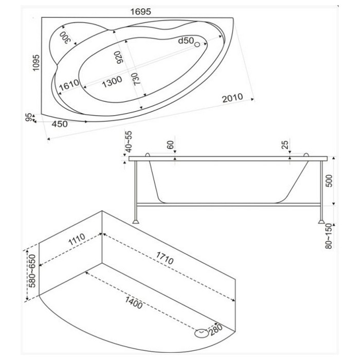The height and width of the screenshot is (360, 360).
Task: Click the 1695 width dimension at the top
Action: tap(141, 11)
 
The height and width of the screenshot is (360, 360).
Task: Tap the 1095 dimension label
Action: tap(36, 63)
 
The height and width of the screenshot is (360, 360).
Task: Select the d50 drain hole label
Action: tap(186, 41)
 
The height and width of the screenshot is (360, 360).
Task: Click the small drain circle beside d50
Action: tap(197, 45)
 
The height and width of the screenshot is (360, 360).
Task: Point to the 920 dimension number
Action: tap(119, 57)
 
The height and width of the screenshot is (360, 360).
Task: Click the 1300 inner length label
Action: tap(112, 82)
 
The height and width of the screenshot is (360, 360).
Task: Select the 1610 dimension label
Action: tap(69, 85)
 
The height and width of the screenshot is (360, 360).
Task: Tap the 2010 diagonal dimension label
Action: tap(232, 98)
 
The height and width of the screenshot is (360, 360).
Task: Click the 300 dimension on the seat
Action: tap(65, 38)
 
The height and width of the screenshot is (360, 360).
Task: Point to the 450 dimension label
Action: tap(60, 124)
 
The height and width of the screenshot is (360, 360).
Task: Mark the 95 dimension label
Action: tap(28, 117)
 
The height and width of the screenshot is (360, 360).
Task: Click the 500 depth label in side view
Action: tap(329, 181)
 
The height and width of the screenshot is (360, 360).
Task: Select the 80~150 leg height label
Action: tap(329, 236)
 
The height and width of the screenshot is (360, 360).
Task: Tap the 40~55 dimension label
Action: tap(129, 141)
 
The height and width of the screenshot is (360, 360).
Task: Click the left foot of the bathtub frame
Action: tap(135, 221)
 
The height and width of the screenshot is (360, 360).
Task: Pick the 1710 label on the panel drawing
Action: tap(165, 258)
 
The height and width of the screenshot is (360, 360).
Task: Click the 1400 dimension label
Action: tap(134, 302)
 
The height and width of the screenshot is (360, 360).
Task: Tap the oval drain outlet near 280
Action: tap(202, 333)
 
